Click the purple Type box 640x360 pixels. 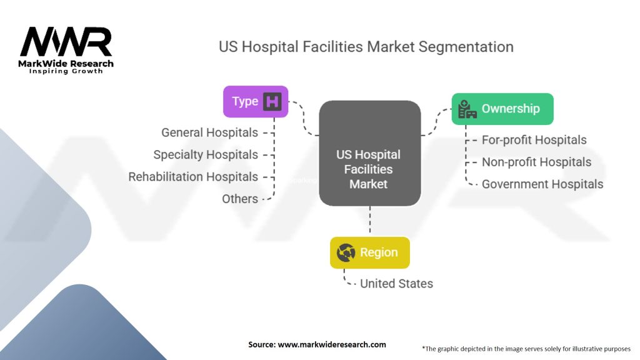(x=256, y=102)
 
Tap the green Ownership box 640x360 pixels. (x=502, y=109)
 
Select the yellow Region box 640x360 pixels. (x=369, y=252)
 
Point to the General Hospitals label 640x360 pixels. (x=209, y=132)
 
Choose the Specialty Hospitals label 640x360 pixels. (x=206, y=154)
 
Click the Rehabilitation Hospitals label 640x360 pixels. (x=193, y=177)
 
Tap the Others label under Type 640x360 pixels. (x=240, y=199)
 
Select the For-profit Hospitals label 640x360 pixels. (x=534, y=140)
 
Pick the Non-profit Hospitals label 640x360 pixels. (x=536, y=162)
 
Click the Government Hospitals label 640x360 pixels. (x=542, y=184)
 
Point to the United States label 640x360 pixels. (x=396, y=283)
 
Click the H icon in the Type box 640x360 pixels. (x=272, y=102)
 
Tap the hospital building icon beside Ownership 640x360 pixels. (x=467, y=109)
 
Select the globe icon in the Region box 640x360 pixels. (x=346, y=252)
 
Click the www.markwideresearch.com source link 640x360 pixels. (x=332, y=344)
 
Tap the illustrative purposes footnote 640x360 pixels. (x=526, y=348)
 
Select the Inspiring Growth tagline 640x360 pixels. (x=66, y=71)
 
